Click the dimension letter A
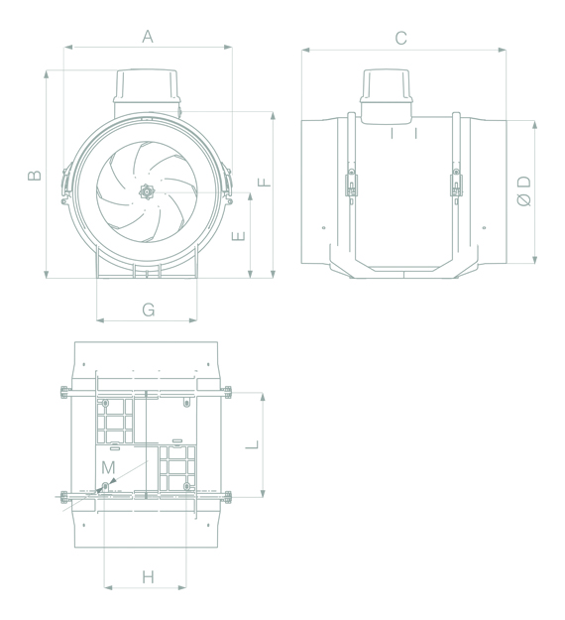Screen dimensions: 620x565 coord(147,37)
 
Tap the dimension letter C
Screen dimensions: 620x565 coord(400,39)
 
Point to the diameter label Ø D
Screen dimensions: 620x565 coord(524,190)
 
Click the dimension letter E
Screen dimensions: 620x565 coord(237,236)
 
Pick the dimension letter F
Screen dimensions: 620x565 coord(263,182)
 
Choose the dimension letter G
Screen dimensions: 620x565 coord(148,310)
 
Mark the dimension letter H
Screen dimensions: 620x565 coord(148,576)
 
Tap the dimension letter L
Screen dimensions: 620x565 coord(252,444)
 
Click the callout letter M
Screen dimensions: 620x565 coord(109,466)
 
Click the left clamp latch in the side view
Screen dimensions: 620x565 coord(351,184)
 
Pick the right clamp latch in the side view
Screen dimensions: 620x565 coord(456,184)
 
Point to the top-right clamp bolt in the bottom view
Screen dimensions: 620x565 coord(229,393)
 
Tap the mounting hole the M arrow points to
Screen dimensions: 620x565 coord(105,486)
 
